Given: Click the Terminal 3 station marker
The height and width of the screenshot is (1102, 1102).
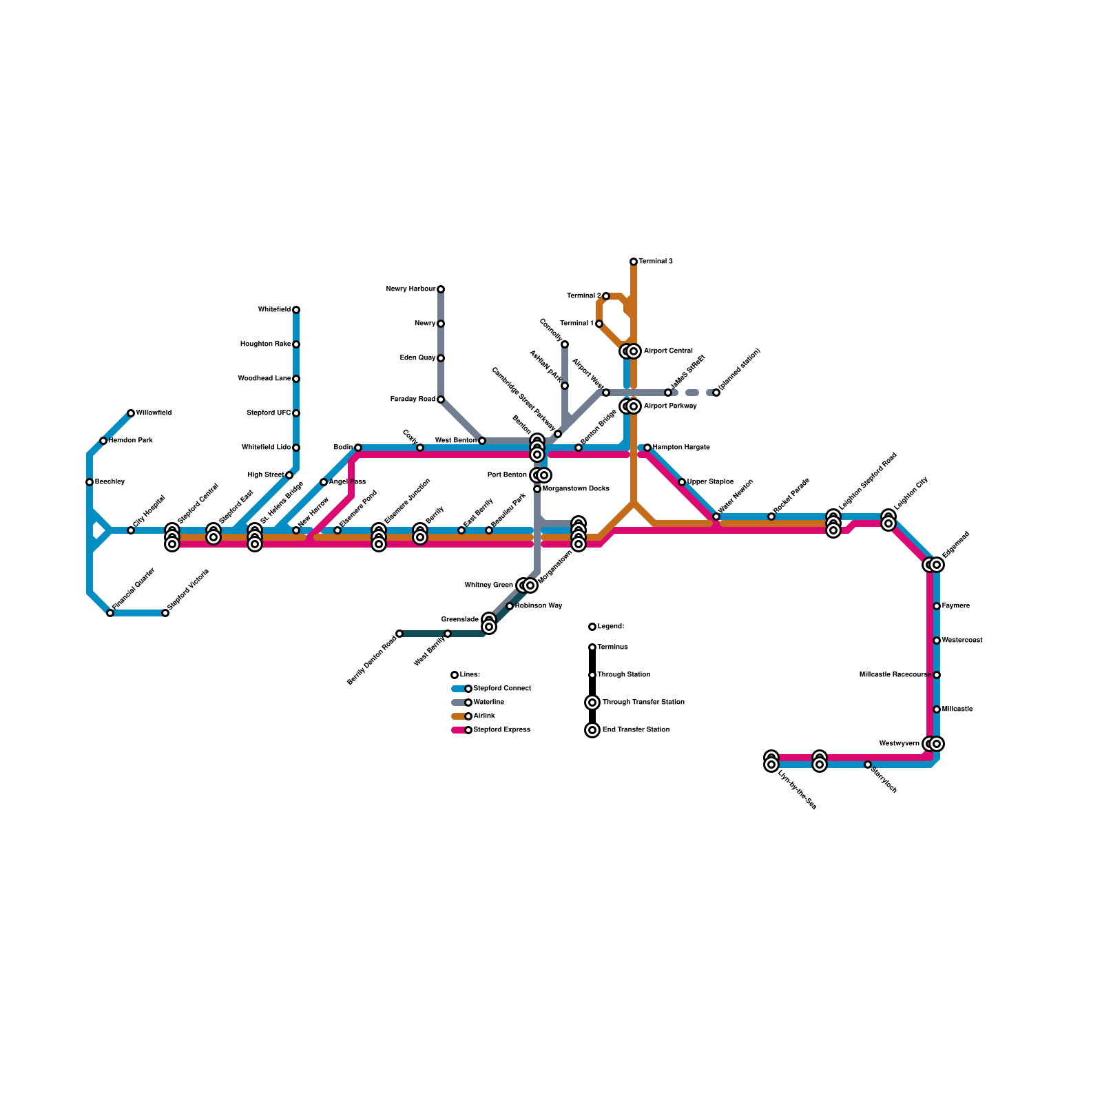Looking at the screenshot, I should (x=634, y=262).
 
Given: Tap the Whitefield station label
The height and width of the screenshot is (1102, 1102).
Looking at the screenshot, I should (x=274, y=310).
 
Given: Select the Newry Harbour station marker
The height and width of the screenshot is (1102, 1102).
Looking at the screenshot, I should (x=441, y=289).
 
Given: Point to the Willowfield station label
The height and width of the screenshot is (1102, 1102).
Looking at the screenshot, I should (x=154, y=413).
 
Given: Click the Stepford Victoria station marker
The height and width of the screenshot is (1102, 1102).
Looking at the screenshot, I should (x=165, y=613).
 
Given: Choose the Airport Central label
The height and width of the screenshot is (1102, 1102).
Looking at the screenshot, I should (x=668, y=351).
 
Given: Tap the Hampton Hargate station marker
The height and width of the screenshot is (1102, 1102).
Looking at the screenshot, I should (x=647, y=448).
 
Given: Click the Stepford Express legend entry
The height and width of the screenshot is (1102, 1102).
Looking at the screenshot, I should (x=501, y=730).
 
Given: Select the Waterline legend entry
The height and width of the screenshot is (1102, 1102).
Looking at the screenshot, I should (x=488, y=703).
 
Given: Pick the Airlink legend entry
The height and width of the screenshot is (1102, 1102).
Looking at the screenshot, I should (x=484, y=716).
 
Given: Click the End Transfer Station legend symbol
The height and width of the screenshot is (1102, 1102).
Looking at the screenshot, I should (x=592, y=730).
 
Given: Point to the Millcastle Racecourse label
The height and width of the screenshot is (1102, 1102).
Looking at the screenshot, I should (x=895, y=675).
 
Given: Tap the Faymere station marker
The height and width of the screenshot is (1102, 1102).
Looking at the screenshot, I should (x=937, y=606).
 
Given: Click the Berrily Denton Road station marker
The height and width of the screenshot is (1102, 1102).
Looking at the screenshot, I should (x=399, y=634).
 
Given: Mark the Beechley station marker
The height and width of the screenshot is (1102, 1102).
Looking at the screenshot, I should (x=90, y=482).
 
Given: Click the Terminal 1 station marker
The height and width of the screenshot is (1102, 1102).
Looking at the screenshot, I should (x=599, y=324).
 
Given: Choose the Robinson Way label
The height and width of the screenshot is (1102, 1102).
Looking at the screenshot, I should (x=539, y=606).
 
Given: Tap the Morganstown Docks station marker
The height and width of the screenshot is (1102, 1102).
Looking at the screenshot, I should (x=537, y=489).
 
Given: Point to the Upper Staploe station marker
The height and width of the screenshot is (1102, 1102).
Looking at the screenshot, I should (x=682, y=482).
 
